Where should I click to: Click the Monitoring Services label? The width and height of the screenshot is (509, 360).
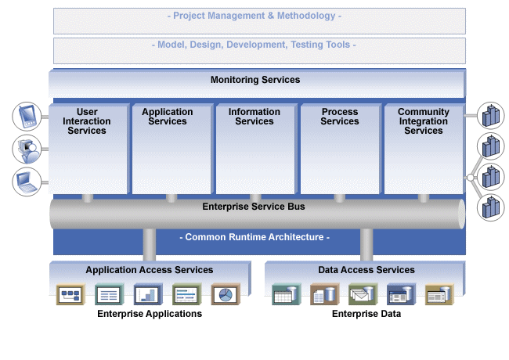255,80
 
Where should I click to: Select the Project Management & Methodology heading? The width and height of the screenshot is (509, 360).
254,16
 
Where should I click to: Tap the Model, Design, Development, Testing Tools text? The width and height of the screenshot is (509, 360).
254,45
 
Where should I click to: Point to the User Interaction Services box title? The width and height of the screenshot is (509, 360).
87,121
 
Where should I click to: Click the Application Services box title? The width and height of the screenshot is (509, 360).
168,117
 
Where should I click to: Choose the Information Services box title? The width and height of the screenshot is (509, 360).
254,117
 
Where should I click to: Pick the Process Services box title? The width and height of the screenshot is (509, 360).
340,117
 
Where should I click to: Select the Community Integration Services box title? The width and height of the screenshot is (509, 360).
424,121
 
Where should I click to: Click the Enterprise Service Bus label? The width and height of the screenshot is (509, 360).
254,207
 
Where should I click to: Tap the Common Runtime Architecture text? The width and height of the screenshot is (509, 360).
254,237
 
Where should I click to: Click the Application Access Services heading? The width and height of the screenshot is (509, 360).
150,270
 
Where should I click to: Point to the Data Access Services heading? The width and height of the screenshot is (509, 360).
366,270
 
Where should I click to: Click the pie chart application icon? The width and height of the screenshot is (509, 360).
226,294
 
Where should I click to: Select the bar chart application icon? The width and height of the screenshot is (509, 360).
148,294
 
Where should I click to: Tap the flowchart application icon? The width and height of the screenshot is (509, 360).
70,294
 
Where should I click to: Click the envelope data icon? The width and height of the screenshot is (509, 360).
363,294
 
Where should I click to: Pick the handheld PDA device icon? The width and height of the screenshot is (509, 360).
27,117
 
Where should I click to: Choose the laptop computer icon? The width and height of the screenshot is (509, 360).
27,182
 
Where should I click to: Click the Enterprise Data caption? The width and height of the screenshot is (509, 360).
366,314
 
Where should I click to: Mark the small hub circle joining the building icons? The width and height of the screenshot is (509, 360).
471,178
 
